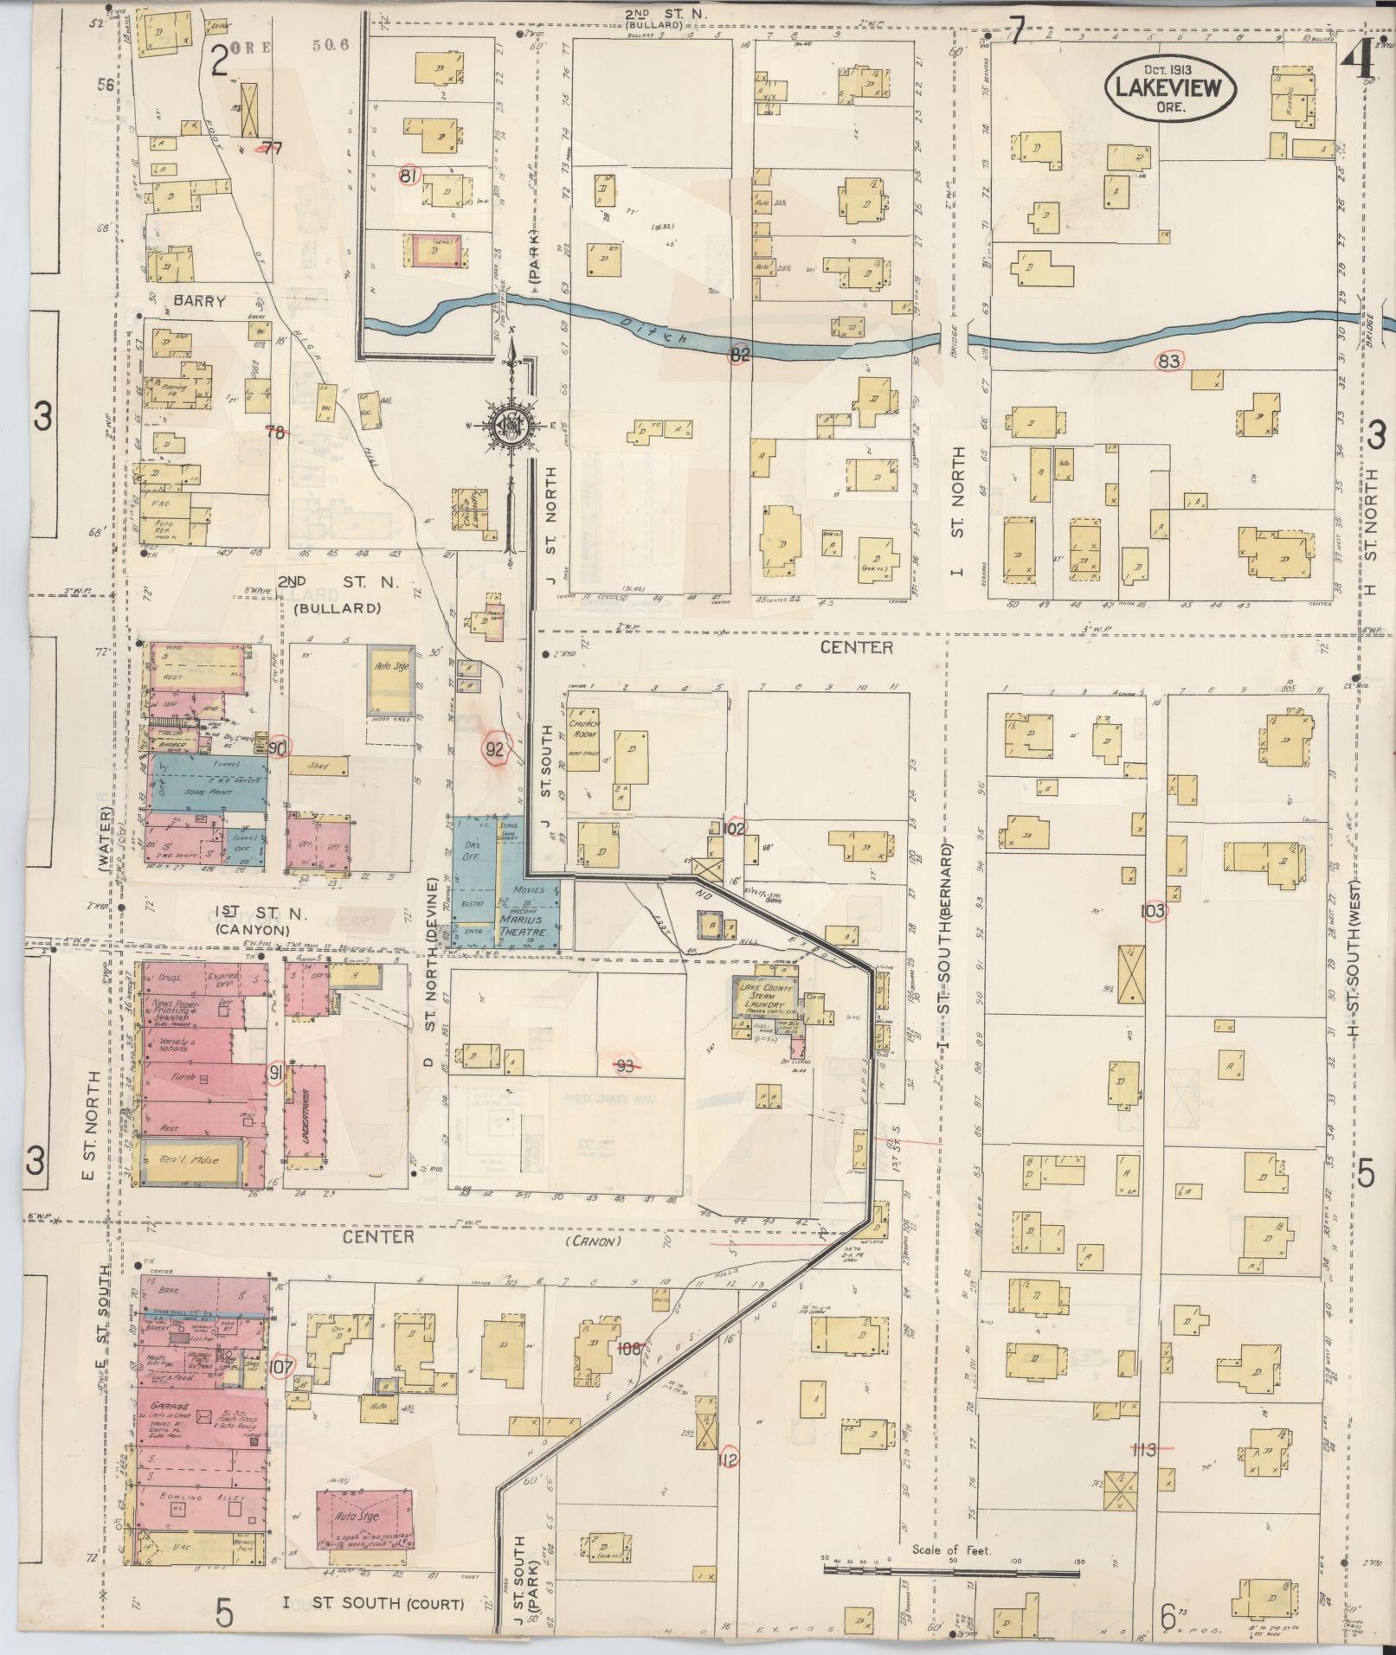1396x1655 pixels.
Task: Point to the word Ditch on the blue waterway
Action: coord(654,330)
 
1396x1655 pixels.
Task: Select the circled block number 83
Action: coord(1168,362)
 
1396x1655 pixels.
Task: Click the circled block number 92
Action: coord(494,750)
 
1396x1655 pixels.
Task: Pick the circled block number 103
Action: coord(1154,911)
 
